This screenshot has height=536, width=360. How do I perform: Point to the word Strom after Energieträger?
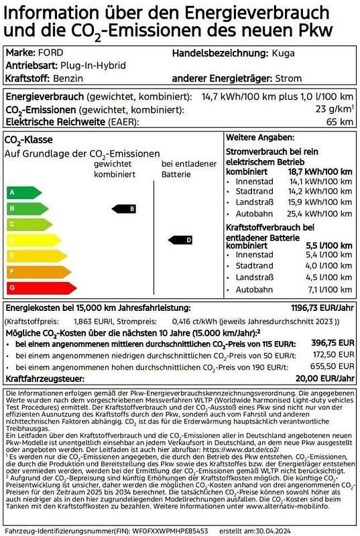288,79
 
